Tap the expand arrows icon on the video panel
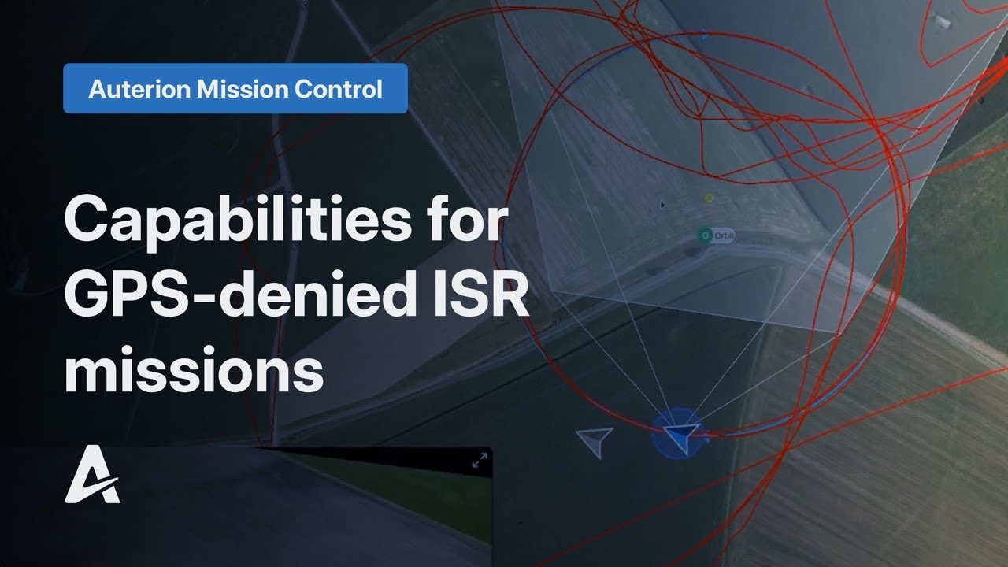tap(479, 461)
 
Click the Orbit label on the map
tap(724, 235)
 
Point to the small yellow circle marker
tap(709, 198)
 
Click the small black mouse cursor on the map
tap(663, 206)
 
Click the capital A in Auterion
tap(98, 89)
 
